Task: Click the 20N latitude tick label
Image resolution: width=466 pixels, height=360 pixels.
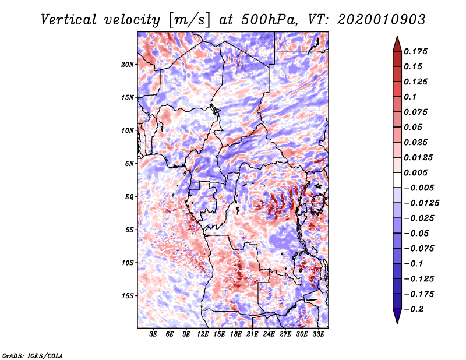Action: [128, 64]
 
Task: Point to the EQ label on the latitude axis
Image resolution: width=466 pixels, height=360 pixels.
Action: [130, 197]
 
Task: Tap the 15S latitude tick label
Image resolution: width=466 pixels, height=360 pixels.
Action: [128, 296]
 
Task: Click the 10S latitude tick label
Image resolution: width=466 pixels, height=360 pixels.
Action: [128, 263]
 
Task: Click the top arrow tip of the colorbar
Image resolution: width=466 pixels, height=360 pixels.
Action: [396, 38]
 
